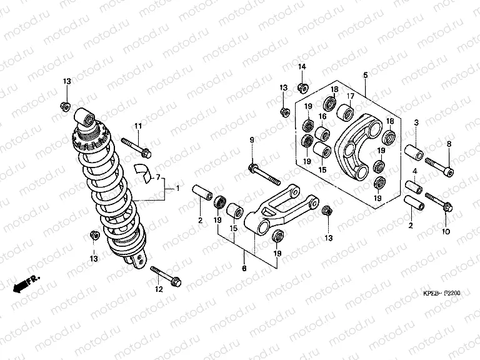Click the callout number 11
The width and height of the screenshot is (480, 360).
139,127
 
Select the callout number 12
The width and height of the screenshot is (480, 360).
158,289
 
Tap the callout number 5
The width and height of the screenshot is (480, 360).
365,75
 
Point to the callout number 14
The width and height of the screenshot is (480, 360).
301,67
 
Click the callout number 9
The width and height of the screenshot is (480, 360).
252,139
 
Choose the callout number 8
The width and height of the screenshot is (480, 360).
448,144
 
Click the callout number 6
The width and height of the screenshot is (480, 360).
244,268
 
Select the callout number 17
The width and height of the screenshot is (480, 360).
351,96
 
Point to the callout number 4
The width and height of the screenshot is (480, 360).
415,171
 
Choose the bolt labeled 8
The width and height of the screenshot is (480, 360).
441,166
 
